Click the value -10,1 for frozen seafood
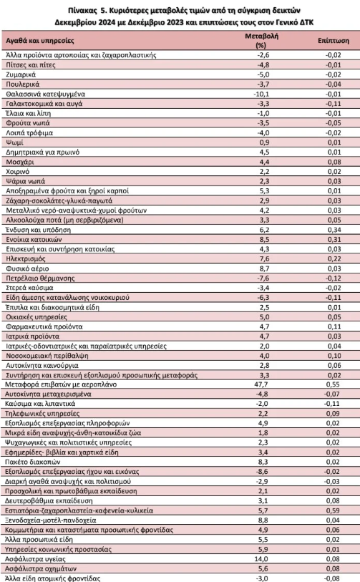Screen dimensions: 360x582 click(262, 92)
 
